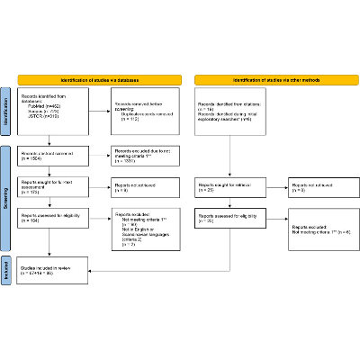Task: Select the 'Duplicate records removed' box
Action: (x=143, y=111)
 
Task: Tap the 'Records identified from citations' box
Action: (x=229, y=111)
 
